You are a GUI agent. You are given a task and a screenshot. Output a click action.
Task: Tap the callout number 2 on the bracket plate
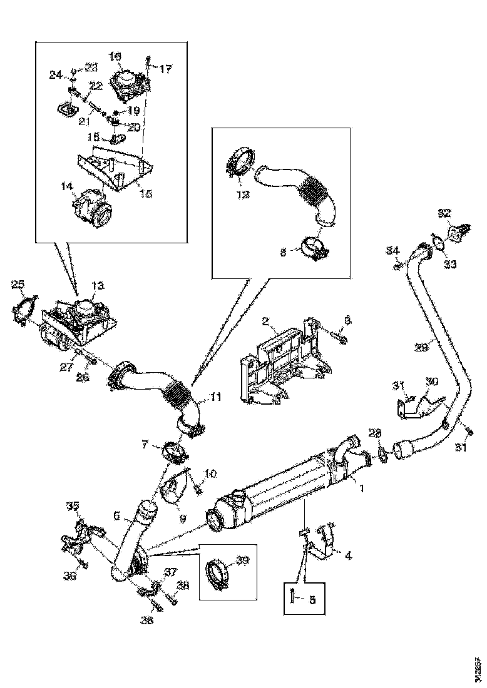(x=265, y=322)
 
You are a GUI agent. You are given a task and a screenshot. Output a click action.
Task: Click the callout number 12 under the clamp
(x=242, y=195)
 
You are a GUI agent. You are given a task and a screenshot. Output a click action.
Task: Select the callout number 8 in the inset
(x=283, y=253)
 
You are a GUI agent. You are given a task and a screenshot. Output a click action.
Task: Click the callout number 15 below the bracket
(x=145, y=195)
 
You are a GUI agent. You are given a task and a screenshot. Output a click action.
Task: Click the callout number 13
(x=98, y=286)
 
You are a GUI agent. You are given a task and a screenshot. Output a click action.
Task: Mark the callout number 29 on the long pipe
(x=422, y=346)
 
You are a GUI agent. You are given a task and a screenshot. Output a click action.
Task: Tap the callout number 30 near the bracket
(x=432, y=381)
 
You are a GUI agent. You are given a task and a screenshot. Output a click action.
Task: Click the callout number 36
(x=70, y=575)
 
